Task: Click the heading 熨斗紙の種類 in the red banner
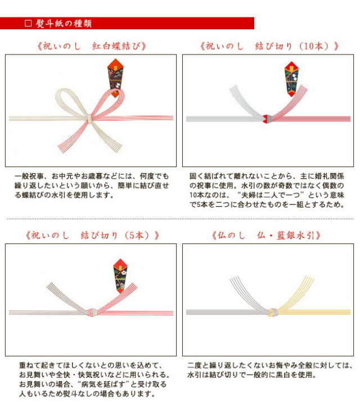pyautogui.click(x=64, y=24)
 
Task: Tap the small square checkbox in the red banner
pyautogui.click(x=28, y=23)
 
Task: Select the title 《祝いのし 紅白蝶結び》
pyautogui.click(x=92, y=46)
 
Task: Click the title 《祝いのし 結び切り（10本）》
pyautogui.click(x=269, y=46)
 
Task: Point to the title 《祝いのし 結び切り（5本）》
pyautogui.click(x=92, y=235)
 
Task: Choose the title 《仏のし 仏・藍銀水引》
pyautogui.click(x=266, y=235)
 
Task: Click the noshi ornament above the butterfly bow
pyautogui.click(x=115, y=78)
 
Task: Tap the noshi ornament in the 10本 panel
pyautogui.click(x=291, y=79)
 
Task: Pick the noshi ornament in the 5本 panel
pyautogui.click(x=120, y=276)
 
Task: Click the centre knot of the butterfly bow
pyautogui.click(x=90, y=118)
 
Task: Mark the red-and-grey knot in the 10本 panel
pyautogui.click(x=268, y=119)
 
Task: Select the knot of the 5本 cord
pyautogui.click(x=91, y=312)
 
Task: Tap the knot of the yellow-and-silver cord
pyautogui.click(x=273, y=312)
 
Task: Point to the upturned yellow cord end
pyautogui.click(x=296, y=292)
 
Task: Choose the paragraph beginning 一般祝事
pyautogui.click(x=92, y=186)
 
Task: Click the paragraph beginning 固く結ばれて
pyautogui.click(x=267, y=190)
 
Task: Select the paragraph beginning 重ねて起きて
pyautogui.click(x=94, y=380)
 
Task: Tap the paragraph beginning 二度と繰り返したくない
pyautogui.click(x=270, y=370)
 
